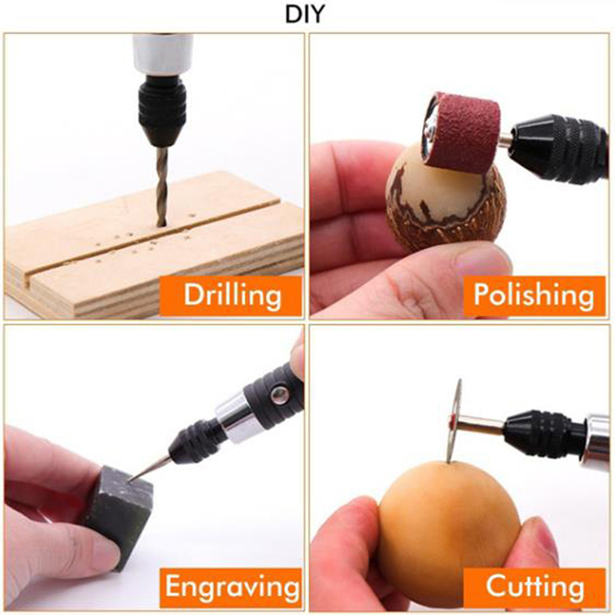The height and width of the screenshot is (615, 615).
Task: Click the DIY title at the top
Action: pos(304,15)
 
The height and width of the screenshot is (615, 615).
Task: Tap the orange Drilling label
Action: pos(231,296)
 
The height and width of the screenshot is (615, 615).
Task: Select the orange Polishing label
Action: pos(534,296)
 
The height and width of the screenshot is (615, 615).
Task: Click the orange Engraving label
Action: pos(231,587)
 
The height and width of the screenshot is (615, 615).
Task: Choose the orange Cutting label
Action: pos(534,587)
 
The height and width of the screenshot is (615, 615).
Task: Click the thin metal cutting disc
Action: pos(455,421)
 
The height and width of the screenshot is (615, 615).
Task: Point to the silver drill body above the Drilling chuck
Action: pos(162,54)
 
